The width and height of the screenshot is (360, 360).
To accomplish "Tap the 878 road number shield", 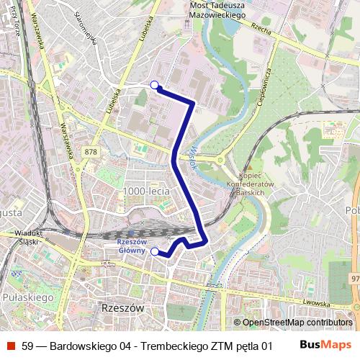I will coord(90,151).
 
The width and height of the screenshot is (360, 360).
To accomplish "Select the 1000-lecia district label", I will coord(146,191).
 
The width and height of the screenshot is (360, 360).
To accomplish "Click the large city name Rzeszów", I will coord(120,307).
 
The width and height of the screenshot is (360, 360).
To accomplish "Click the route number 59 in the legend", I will coord(27,346).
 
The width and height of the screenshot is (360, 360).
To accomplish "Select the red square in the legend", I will coord(11,346).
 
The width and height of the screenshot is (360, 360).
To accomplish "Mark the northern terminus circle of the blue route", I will coord(154,85).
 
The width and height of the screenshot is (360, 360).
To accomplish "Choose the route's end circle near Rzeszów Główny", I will coord(154,251).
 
